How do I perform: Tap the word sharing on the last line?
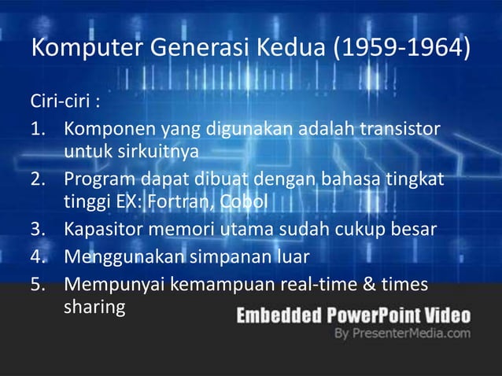click(94, 305)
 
